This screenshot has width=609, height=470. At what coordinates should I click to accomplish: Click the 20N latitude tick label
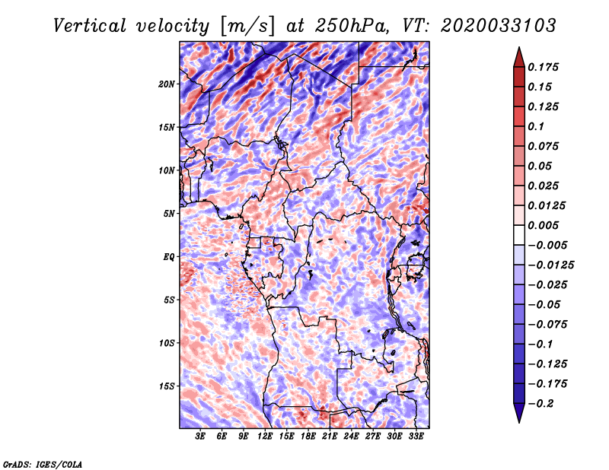[x=167, y=84]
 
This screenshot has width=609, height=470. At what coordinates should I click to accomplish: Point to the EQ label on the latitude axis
[x=169, y=257]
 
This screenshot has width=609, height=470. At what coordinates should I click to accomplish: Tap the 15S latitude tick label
[x=167, y=386]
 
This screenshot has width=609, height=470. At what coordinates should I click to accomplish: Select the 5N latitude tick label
[x=169, y=214]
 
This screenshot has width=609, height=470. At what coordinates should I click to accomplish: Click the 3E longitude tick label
[x=200, y=436]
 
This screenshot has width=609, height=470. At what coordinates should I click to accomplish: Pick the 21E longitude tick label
[x=330, y=436]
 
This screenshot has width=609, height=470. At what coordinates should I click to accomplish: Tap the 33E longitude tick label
[x=416, y=436]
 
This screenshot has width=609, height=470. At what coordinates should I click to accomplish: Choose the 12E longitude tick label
[x=265, y=436]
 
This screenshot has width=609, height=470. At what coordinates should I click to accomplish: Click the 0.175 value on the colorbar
[x=543, y=67]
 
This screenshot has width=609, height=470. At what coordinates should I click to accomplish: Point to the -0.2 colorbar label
[x=541, y=404]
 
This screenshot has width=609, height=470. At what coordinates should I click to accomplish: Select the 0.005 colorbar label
[x=543, y=225]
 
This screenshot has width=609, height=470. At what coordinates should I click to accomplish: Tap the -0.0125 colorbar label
[x=550, y=265]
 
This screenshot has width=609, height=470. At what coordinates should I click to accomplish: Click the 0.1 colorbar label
[x=536, y=126]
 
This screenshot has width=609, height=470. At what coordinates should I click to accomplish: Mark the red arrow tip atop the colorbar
[x=519, y=47]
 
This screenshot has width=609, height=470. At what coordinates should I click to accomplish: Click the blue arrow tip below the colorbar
[x=519, y=422]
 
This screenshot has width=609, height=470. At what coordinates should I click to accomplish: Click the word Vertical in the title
[x=90, y=26]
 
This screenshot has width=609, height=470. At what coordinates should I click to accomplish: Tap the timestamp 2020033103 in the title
[x=499, y=26]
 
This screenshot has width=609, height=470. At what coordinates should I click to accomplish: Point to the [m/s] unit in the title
[x=247, y=27]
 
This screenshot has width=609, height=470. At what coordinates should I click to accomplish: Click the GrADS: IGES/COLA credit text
[x=43, y=464]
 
